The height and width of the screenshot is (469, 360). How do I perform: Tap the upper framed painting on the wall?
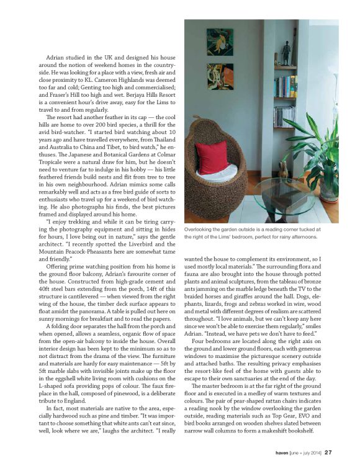pyautogui.click(x=220, y=43)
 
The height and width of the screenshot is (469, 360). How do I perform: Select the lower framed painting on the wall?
pyautogui.click(x=220, y=76)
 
